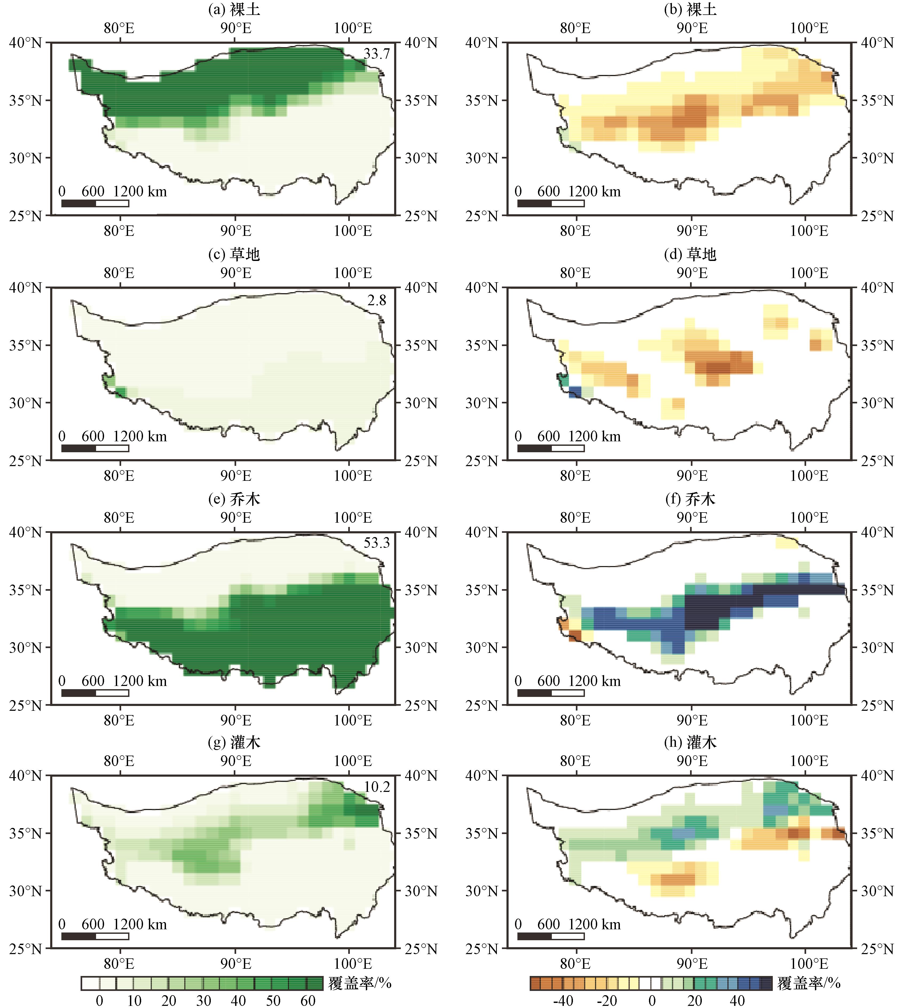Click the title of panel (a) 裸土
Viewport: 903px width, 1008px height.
point(234,9)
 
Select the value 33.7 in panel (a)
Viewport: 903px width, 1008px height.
point(377,54)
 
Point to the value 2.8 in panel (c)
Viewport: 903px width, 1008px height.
point(377,300)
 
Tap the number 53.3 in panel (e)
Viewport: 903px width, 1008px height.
point(377,543)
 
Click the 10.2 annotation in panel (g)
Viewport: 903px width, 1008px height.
point(377,787)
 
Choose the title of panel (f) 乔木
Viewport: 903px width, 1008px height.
point(690,499)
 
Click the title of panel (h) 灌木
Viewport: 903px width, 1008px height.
point(690,742)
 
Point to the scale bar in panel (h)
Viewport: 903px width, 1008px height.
point(551,936)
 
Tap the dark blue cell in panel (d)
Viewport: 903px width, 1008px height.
point(575,392)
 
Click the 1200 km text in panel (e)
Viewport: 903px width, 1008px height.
point(140,681)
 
